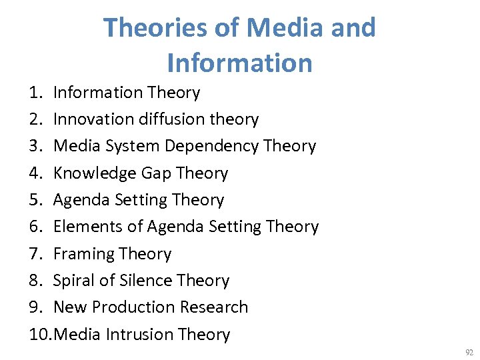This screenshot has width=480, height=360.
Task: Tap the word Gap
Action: click(156, 173)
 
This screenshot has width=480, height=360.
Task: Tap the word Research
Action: click(214, 307)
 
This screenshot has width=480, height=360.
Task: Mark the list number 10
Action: click(39, 334)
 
